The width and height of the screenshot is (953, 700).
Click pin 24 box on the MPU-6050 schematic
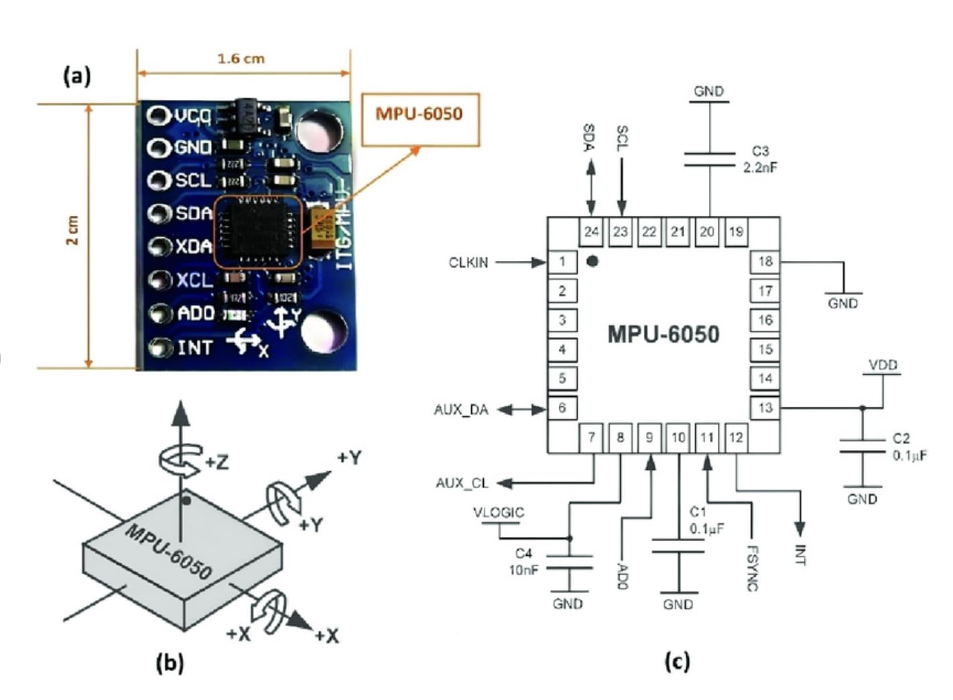(591, 232)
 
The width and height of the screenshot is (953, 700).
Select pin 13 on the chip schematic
(765, 408)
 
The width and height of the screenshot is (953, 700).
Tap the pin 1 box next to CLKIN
(562, 261)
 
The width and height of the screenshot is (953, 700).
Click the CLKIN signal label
(468, 263)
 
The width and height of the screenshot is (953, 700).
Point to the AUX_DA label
(461, 410)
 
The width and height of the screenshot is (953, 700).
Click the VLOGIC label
(499, 513)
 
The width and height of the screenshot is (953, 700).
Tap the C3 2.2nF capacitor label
(760, 160)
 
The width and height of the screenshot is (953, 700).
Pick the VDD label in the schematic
(883, 365)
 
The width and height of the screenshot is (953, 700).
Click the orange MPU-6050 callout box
(420, 119)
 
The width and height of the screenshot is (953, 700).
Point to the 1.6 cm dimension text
(241, 59)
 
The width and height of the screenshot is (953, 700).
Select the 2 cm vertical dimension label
(72, 230)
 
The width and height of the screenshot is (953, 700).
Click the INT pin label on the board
(194, 347)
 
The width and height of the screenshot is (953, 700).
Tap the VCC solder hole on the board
(158, 116)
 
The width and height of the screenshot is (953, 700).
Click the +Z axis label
(216, 462)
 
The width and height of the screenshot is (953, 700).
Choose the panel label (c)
(677, 662)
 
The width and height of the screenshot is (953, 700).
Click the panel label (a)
(77, 76)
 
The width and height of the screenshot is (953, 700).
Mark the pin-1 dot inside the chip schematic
(592, 261)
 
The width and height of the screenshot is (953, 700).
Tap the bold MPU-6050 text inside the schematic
(663, 334)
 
